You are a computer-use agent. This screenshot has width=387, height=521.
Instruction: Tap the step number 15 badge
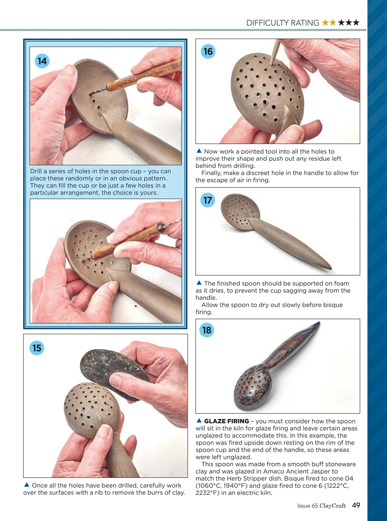coord(37,348)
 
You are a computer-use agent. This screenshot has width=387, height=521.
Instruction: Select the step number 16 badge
coord(208,51)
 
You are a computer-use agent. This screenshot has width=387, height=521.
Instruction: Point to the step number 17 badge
coord(208,200)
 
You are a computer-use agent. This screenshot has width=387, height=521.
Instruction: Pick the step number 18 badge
coord(207,330)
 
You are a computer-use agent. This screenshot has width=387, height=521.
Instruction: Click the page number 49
coord(356,506)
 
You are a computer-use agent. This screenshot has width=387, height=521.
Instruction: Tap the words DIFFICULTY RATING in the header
coord(283,23)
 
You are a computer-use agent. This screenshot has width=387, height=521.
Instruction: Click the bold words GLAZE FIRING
coord(226,421)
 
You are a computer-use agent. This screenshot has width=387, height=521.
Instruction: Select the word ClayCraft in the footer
coord(332,506)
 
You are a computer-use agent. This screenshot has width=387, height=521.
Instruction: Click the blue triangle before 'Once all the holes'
coord(26,485)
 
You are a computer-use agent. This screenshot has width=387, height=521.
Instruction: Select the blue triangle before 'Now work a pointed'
coord(199,151)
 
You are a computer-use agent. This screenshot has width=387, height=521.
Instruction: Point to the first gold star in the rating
coord(325,23)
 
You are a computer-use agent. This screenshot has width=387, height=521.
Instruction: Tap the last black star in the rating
coord(356,23)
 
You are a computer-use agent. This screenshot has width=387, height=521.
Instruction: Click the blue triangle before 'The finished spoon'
coord(199,283)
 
